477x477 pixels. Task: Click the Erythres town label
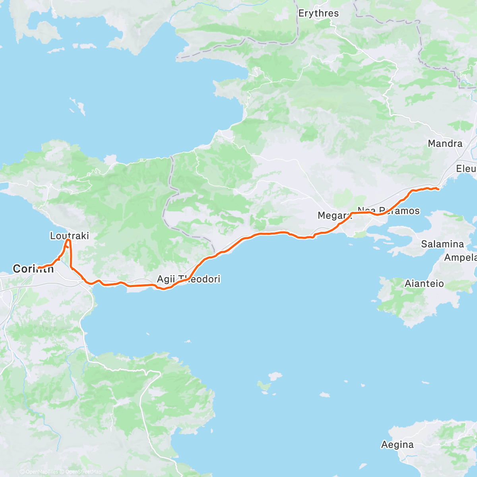[318, 14]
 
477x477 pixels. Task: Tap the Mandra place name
[445, 143]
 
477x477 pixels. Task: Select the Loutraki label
[69, 236]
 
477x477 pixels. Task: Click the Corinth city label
[33, 269]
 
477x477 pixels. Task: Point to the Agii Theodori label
[188, 279]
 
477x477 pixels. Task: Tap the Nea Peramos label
[388, 211]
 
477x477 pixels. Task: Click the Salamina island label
[442, 244]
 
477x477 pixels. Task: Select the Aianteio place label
[424, 284]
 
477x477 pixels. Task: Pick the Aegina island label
[397, 444]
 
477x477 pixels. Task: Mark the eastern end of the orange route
[438, 189]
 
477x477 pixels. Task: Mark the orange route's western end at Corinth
[39, 267]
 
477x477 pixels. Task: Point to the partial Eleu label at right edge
[466, 169]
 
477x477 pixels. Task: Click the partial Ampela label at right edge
[460, 258]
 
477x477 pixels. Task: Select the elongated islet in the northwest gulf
[78, 105]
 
